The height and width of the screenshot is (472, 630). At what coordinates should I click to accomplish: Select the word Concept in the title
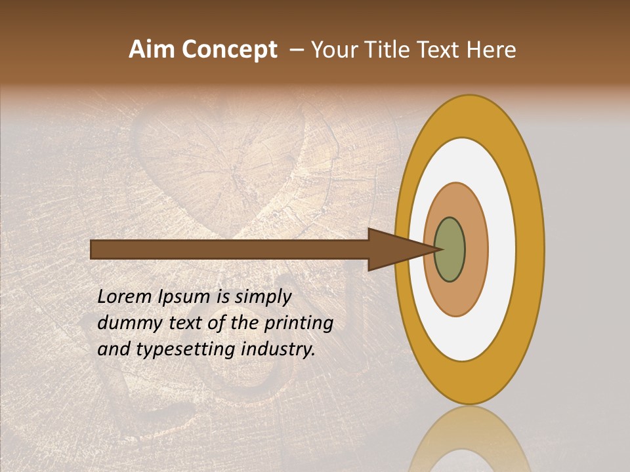[229, 50]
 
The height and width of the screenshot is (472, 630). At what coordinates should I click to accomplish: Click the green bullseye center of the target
[450, 249]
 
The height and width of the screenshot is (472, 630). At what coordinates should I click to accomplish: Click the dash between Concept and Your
[296, 50]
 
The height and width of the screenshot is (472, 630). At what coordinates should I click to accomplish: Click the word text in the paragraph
[184, 323]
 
